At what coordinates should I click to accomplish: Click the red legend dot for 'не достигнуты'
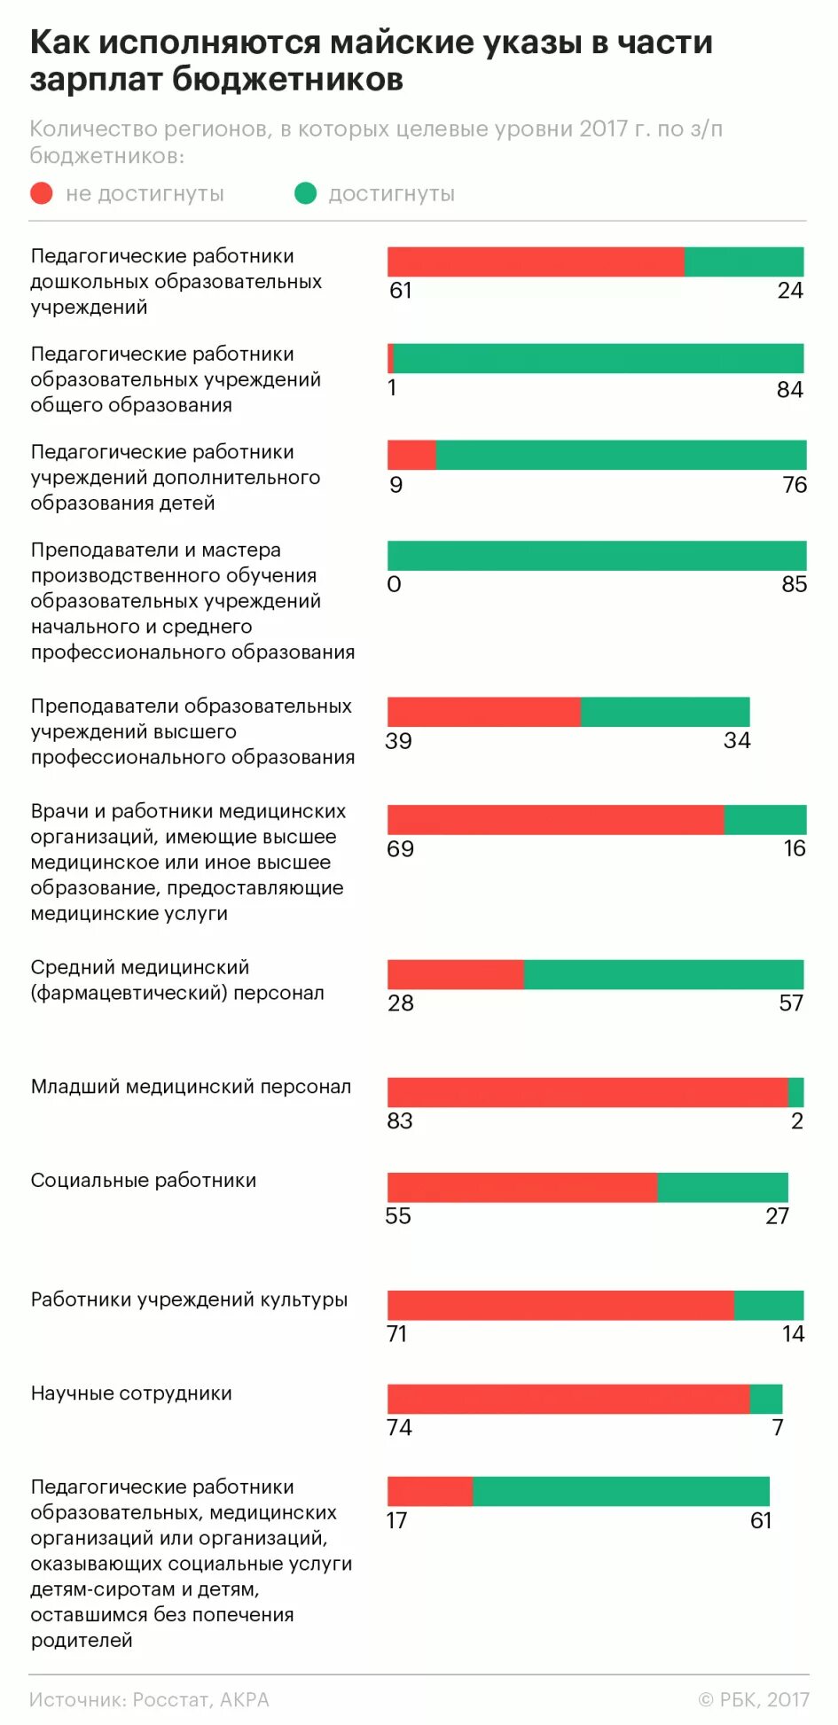(42, 193)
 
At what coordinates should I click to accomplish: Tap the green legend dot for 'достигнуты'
(305, 193)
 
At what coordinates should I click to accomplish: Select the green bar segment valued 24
(743, 261)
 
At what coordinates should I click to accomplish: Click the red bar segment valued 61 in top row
(535, 261)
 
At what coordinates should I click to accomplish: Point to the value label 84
(789, 389)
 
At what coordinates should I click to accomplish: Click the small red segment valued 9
(411, 455)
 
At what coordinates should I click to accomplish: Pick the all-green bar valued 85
(597, 556)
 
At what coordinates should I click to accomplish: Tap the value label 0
(395, 584)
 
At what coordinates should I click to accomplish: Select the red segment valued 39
(483, 712)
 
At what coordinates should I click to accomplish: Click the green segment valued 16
(764, 820)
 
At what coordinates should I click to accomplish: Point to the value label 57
(790, 1003)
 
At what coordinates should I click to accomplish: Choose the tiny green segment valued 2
(795, 1092)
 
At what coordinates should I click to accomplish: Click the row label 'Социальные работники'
(144, 1180)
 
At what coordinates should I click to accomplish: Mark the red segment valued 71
(560, 1305)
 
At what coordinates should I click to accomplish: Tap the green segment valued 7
(766, 1399)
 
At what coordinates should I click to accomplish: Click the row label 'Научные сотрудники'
(131, 1393)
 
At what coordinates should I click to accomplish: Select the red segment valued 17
(430, 1491)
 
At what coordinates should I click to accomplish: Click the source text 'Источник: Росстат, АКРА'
(149, 1699)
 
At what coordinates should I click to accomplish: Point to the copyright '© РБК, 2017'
(754, 1699)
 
